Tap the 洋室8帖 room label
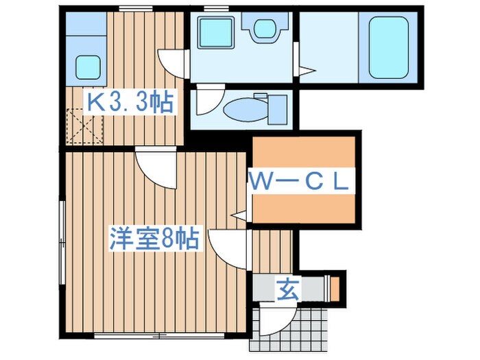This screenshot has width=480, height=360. [x=155, y=239]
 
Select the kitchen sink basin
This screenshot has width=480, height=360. [x=87, y=67]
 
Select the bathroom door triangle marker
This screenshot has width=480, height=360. [x=307, y=69]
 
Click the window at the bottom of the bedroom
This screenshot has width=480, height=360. [x=131, y=336]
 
